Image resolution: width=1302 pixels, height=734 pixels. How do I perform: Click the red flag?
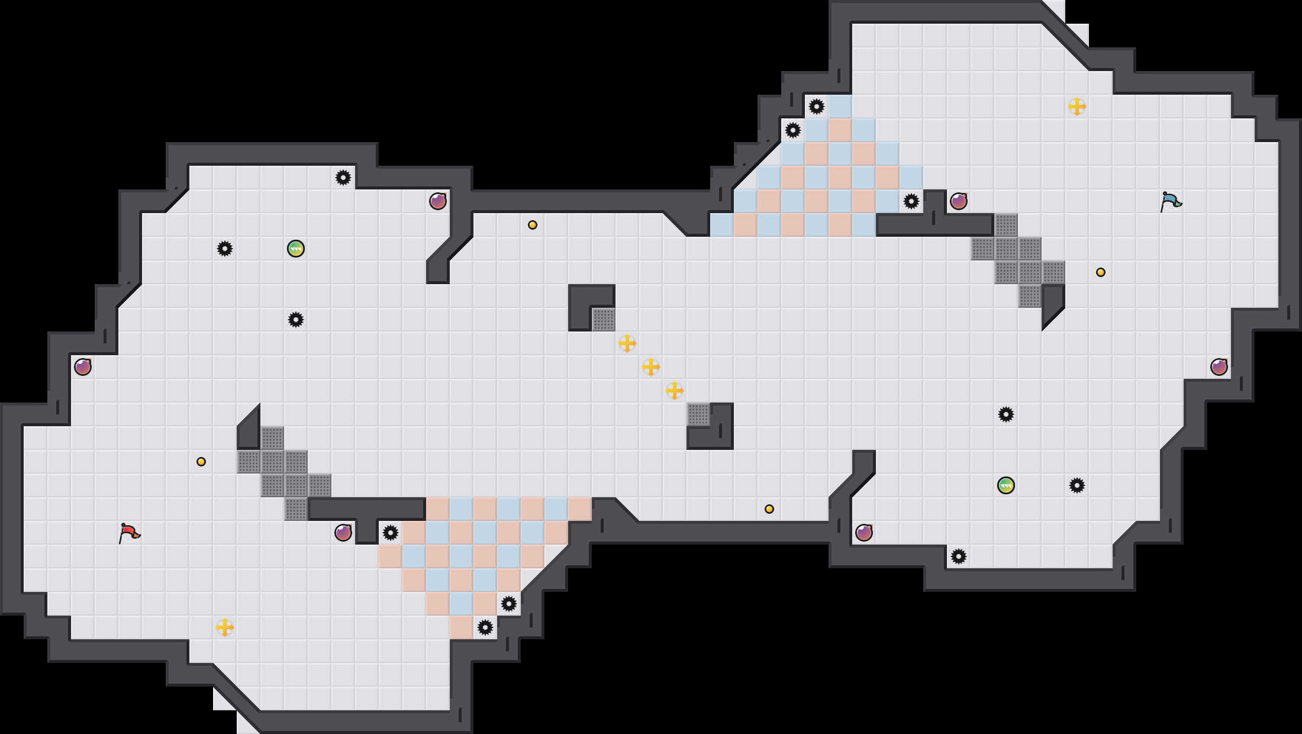tap(129, 533)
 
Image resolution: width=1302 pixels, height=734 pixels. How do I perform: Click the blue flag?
tap(1171, 201)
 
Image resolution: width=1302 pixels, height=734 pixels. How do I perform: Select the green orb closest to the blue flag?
tap(1006, 485)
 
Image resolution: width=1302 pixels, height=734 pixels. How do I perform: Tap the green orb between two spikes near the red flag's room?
tap(296, 249)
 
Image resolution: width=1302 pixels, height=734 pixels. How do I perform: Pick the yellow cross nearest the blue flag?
tap(1077, 107)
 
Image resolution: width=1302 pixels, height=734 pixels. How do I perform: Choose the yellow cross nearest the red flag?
tap(225, 627)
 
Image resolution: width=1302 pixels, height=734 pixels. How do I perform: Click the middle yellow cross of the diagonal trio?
tap(651, 367)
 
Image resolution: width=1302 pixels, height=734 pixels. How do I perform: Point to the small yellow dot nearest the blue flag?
tap(1101, 272)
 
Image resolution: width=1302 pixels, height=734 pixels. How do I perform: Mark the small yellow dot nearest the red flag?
tap(201, 462)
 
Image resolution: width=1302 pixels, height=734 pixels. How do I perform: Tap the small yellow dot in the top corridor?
tap(533, 225)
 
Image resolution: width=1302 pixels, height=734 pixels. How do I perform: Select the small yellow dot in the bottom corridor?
tap(769, 509)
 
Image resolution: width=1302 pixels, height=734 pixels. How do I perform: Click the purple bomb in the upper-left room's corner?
tap(438, 201)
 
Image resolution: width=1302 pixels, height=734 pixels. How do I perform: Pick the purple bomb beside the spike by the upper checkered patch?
tap(959, 201)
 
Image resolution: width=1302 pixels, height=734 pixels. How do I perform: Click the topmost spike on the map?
tap(817, 107)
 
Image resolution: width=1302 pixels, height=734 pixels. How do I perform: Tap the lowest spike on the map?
tap(485, 627)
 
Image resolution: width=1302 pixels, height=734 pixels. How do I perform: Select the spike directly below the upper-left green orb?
tap(296, 320)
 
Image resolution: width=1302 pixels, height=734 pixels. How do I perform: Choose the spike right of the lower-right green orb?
tap(1077, 485)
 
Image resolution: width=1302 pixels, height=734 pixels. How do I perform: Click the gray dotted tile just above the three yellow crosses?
tap(604, 320)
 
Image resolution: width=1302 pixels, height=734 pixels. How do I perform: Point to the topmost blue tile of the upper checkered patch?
tap(840, 107)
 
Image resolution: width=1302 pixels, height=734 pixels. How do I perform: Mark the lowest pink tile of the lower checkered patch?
tap(462, 627)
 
